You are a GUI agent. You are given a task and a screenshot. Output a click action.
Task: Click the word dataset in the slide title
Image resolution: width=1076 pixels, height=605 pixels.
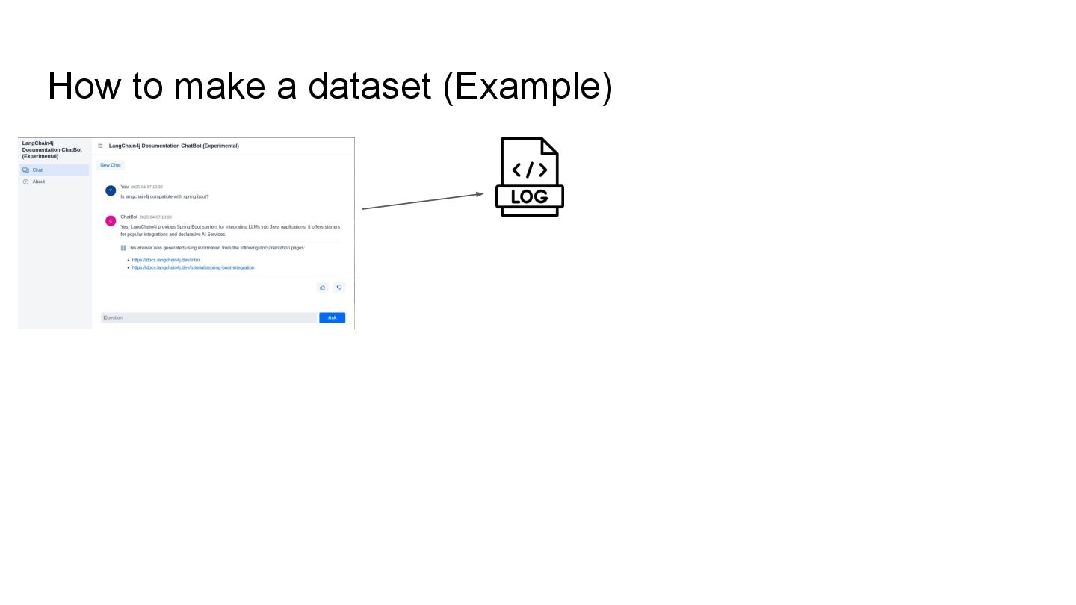369,86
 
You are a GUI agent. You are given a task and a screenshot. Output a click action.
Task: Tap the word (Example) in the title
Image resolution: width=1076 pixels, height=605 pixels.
528,86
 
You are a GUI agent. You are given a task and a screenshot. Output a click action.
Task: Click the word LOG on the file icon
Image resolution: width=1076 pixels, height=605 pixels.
529,197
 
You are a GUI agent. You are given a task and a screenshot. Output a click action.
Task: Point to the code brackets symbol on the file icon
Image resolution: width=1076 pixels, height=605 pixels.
529,170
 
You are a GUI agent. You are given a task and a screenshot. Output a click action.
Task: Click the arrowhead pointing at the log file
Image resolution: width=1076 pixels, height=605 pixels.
479,194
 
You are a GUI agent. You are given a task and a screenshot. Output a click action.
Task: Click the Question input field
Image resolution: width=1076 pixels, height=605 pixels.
208,317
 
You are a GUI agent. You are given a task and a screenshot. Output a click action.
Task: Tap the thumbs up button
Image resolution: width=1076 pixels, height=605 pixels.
323,287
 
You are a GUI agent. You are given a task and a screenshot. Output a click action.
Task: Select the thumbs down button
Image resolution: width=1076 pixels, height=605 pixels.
338,287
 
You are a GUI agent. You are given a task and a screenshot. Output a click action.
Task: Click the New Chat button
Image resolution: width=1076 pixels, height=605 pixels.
111,165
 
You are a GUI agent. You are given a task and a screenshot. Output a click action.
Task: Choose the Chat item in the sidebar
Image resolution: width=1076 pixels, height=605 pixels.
37,170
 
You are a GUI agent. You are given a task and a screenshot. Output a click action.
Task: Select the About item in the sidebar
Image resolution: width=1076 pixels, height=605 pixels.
39,181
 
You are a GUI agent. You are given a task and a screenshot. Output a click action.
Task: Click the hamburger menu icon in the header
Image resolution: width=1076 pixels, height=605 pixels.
101,146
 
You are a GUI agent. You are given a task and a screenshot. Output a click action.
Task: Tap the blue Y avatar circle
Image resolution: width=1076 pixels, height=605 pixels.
111,190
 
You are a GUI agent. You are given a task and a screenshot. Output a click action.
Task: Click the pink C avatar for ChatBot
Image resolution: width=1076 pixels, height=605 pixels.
111,220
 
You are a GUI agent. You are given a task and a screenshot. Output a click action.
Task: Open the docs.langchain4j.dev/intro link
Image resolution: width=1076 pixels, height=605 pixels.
166,260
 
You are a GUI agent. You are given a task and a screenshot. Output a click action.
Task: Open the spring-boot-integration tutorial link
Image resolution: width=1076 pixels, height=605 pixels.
193,267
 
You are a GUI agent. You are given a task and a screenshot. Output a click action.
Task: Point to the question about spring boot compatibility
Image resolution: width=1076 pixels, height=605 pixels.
164,196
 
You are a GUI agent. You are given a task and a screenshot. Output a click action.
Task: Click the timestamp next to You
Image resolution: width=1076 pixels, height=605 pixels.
146,187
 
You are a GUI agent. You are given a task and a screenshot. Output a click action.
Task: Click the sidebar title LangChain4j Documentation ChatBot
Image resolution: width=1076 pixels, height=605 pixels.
52,149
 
